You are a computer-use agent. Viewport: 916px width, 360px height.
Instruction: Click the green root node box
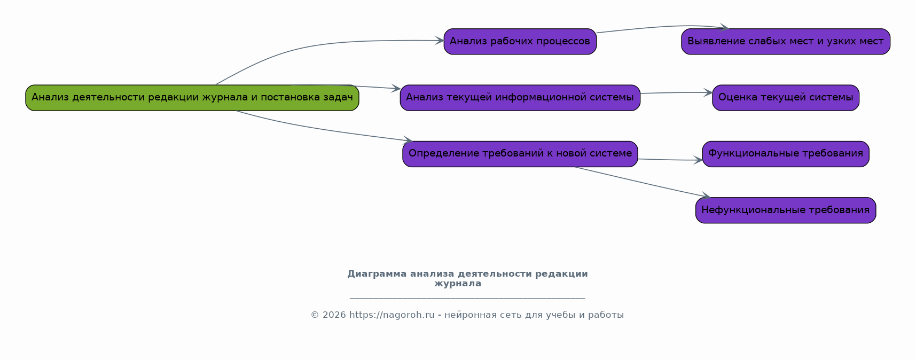[x=192, y=98]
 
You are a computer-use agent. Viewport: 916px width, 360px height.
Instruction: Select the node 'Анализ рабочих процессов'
[x=520, y=42]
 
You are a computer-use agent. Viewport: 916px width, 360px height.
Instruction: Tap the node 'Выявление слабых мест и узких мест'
[x=786, y=42]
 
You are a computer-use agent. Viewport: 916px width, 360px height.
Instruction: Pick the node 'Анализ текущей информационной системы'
[x=520, y=98]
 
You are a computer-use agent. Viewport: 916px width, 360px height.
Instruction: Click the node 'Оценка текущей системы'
[x=786, y=98]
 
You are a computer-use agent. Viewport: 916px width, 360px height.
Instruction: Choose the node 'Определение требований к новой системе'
[x=520, y=154]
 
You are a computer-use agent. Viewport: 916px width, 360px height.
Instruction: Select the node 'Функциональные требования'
[x=786, y=154]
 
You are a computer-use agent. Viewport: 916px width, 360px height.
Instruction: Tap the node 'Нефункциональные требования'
[x=786, y=210]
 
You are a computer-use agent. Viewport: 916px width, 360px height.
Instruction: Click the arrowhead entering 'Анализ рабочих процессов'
[x=440, y=41]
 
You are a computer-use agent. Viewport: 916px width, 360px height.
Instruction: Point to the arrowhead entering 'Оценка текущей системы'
[x=708, y=93]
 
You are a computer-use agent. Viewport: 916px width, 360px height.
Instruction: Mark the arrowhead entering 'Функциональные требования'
[x=698, y=160]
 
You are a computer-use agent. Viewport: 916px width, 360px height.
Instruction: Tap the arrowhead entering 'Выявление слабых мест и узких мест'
[x=724, y=27]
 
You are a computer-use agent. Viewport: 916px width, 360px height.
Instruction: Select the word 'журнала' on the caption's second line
[x=458, y=284]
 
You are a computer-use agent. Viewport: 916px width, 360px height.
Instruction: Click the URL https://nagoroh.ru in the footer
[x=392, y=315]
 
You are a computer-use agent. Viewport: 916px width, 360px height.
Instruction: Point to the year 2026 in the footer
[x=334, y=315]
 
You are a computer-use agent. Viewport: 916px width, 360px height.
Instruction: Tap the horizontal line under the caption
[x=467, y=298]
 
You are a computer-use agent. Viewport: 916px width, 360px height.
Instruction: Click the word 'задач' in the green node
[x=338, y=98]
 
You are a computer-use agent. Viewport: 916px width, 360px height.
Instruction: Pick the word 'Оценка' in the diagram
[x=734, y=98]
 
